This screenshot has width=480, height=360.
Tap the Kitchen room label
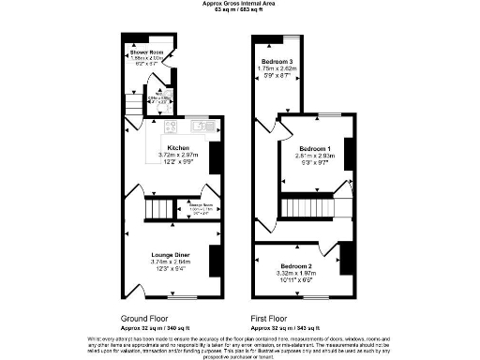tap(178, 148)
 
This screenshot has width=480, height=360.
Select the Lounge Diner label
tap(172, 254)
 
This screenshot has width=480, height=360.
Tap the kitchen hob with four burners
tap(172, 127)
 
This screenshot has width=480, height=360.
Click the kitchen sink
tap(201, 127)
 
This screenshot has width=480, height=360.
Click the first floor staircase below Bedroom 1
tap(304, 205)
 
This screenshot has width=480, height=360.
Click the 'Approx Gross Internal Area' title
tap(239, 3)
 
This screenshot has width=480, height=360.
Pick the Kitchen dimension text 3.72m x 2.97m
tap(178, 156)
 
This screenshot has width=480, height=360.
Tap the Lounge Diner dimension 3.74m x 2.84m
tap(172, 262)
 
